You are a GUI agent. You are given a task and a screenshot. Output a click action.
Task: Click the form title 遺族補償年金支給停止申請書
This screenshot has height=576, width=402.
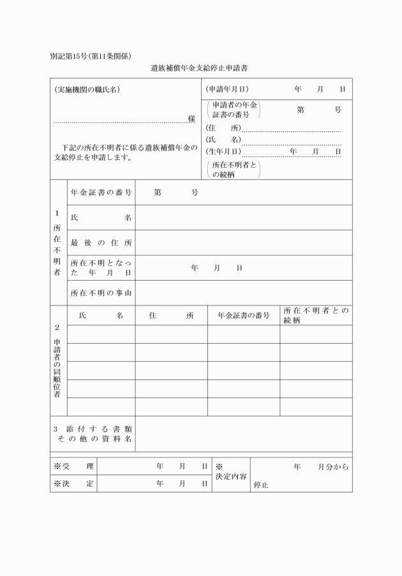pos(199,67)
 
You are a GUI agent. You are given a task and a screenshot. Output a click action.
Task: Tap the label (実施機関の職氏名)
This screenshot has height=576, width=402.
pos(87,89)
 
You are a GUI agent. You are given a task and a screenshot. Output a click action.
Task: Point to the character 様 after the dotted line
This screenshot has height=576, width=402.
pos(191,119)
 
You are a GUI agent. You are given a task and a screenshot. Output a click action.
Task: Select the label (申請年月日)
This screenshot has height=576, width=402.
pos(227,89)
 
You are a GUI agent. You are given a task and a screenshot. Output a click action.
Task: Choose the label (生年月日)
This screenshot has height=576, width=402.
pos(223,152)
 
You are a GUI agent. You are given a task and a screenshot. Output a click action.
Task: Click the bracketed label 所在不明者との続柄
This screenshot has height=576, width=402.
pos(234,168)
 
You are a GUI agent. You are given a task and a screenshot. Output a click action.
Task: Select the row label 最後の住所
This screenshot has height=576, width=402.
pos(101,242)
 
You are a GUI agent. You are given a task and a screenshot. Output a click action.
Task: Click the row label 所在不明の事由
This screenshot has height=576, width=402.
pos(101,293)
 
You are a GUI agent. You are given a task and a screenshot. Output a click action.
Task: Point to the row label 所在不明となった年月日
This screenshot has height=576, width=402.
pos(101,267)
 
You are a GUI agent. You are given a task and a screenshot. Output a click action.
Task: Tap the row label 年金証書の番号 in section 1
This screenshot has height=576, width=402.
pos(101,192)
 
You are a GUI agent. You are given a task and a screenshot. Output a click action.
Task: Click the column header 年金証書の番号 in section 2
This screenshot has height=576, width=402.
pos(244,315)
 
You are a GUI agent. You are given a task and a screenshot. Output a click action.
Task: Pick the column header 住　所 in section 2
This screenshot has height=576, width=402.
pos(171,315)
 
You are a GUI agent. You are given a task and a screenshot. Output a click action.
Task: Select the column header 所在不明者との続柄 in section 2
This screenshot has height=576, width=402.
pos(316,315)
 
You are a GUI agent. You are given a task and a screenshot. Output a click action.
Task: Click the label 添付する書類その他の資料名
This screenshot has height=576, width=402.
pos(93,434)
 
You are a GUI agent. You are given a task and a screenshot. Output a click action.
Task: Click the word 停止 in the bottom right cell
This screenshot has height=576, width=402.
pos(261,485)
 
